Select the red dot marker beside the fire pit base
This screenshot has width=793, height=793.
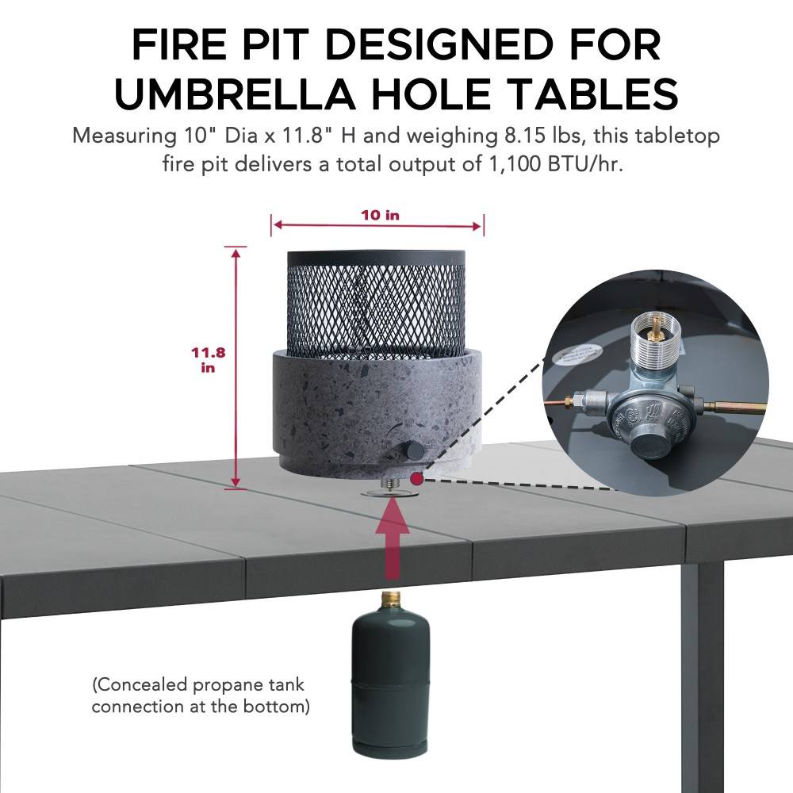[x=417, y=478]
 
